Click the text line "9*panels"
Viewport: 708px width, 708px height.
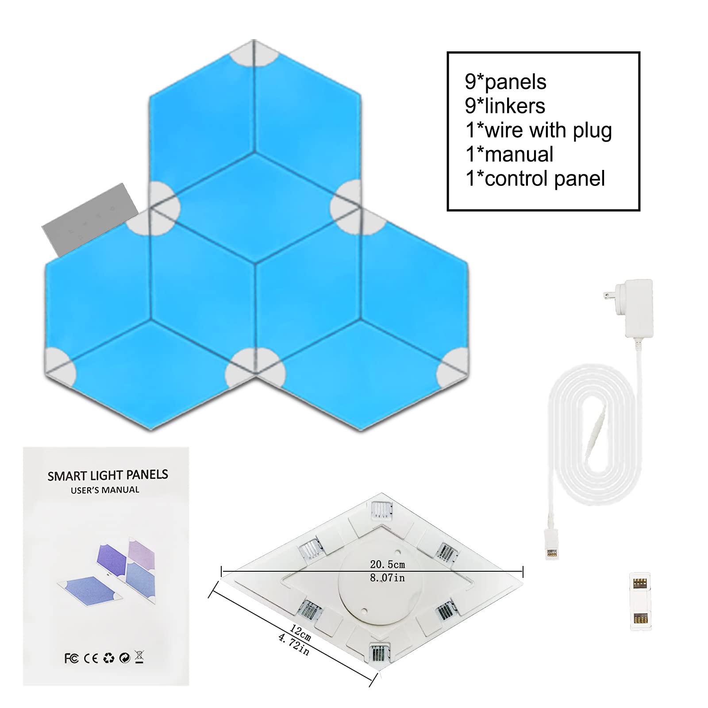click(505, 82)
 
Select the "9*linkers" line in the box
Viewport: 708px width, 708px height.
click(505, 106)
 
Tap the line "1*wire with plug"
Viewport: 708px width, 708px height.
click(539, 131)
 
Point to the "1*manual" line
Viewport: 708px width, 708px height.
click(509, 154)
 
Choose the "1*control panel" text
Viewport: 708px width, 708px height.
click(535, 179)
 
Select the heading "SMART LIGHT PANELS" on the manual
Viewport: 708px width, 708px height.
click(108, 475)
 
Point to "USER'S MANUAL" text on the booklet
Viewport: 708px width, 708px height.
click(105, 490)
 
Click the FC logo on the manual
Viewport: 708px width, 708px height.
click(71, 659)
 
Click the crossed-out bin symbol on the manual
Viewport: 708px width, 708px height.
click(139, 658)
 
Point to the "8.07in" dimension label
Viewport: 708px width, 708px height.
click(387, 577)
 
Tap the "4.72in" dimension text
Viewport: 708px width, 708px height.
click(293, 644)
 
